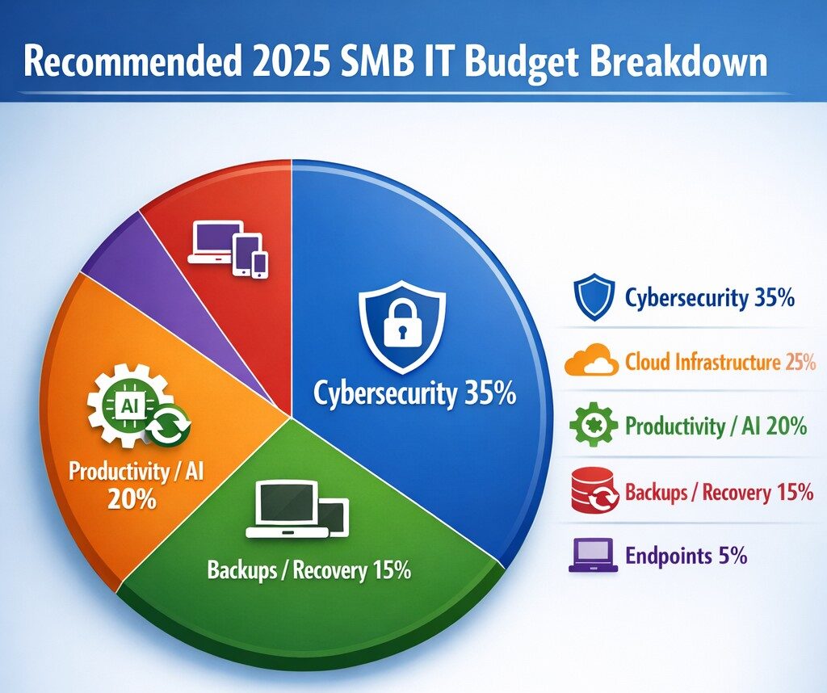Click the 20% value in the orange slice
132,498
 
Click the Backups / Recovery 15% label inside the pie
309,571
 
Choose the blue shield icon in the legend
594,297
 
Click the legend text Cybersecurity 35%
710,299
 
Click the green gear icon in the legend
594,425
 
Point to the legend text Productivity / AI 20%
716,426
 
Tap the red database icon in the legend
594,490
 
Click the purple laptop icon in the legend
594,556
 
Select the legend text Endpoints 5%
686,556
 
